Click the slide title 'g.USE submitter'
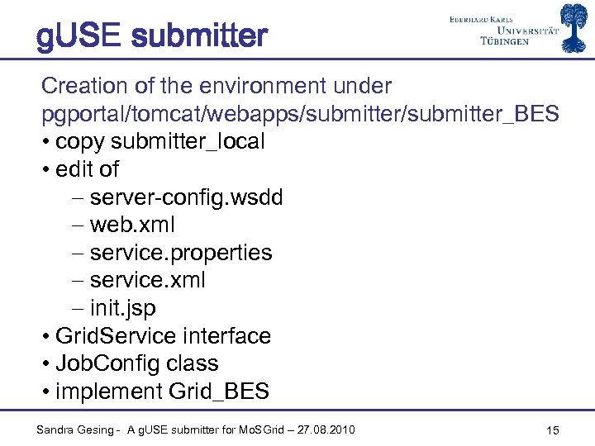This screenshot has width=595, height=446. pos(152,37)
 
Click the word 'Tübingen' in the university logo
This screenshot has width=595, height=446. pos(505,41)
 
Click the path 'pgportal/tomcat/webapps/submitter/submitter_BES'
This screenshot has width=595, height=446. pos(300,114)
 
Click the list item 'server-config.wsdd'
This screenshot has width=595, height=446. pos(186,197)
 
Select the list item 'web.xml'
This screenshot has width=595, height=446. pos(132,225)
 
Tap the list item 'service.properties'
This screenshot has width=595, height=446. pos(180,253)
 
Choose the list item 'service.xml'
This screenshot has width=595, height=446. pos(147,281)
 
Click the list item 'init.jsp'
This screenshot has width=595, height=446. pos(122,309)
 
